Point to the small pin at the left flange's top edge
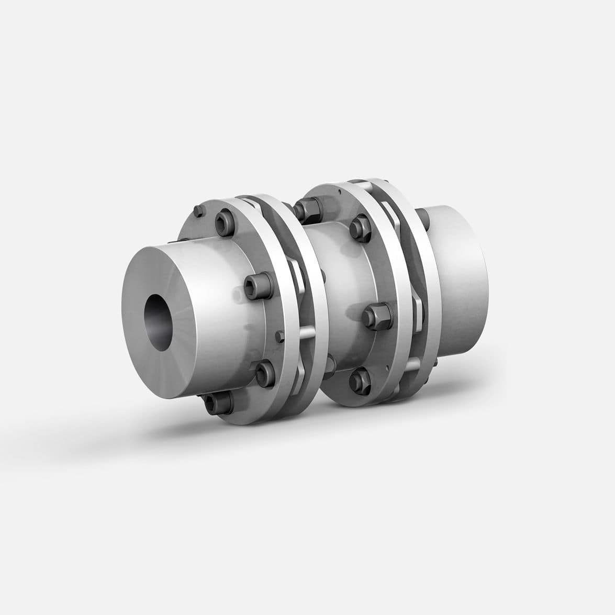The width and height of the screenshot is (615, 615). pyautogui.click(x=198, y=211)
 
